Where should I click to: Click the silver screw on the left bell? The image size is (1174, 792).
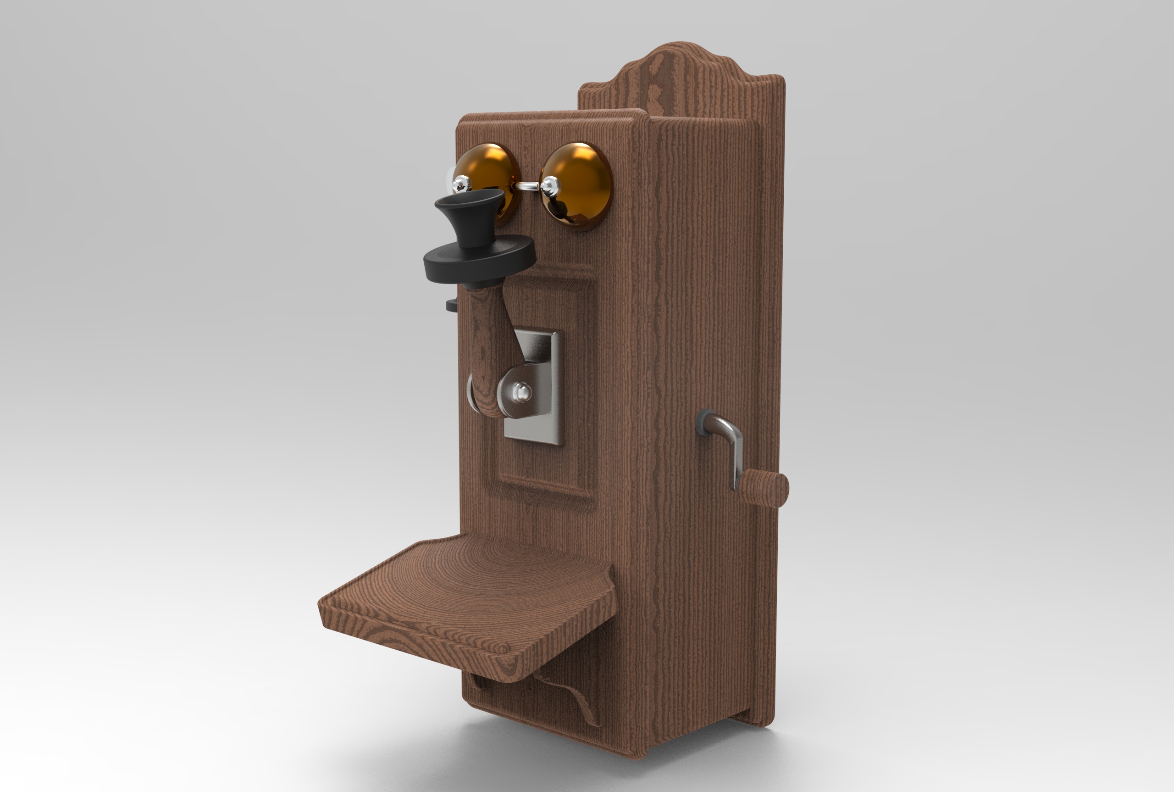coord(461,184)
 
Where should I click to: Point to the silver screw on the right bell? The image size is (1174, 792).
coord(550,186)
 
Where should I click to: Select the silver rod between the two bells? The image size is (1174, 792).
coord(527,186)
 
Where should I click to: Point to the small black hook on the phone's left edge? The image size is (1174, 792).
coord(451,305)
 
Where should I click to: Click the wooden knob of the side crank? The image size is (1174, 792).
coord(764,488)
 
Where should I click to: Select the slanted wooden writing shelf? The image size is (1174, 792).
coord(465,601)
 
